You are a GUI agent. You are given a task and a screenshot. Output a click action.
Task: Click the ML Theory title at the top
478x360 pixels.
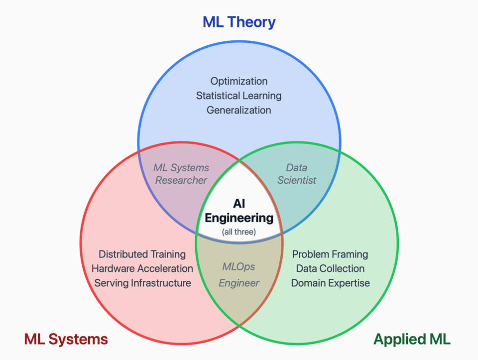239,22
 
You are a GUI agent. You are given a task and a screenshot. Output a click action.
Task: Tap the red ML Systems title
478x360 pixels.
66,339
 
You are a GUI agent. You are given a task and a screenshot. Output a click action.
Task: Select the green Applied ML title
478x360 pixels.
412,339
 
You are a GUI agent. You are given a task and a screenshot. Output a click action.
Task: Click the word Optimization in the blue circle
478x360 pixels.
239,81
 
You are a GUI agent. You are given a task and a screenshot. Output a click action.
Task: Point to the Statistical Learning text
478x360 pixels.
239,96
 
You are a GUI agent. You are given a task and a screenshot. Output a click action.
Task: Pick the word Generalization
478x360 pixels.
239,110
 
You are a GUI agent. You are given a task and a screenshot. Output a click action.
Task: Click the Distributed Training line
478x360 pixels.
142,254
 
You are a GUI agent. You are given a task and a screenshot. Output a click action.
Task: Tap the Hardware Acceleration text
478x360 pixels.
142,269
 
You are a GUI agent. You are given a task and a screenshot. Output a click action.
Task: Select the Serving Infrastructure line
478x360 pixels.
142,283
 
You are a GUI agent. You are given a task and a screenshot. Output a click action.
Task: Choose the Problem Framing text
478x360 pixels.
330,254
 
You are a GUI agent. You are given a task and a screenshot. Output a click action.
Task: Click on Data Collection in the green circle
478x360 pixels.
330,269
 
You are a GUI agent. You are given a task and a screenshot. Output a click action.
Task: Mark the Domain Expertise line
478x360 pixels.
330,283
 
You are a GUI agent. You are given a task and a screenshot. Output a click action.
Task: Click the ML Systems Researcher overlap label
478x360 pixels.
181,174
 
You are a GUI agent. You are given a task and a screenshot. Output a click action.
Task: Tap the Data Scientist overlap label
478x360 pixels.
297,174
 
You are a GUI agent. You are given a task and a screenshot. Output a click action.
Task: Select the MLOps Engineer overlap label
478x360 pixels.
239,275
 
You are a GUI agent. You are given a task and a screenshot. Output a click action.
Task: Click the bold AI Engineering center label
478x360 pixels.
239,211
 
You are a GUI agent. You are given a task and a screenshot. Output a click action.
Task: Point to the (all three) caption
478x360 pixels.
239,232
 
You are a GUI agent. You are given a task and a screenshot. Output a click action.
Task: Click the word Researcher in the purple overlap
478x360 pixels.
181,180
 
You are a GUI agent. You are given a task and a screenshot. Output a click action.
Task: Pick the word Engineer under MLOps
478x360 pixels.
239,283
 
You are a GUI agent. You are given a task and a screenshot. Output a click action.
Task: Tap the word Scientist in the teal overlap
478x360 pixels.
297,180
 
